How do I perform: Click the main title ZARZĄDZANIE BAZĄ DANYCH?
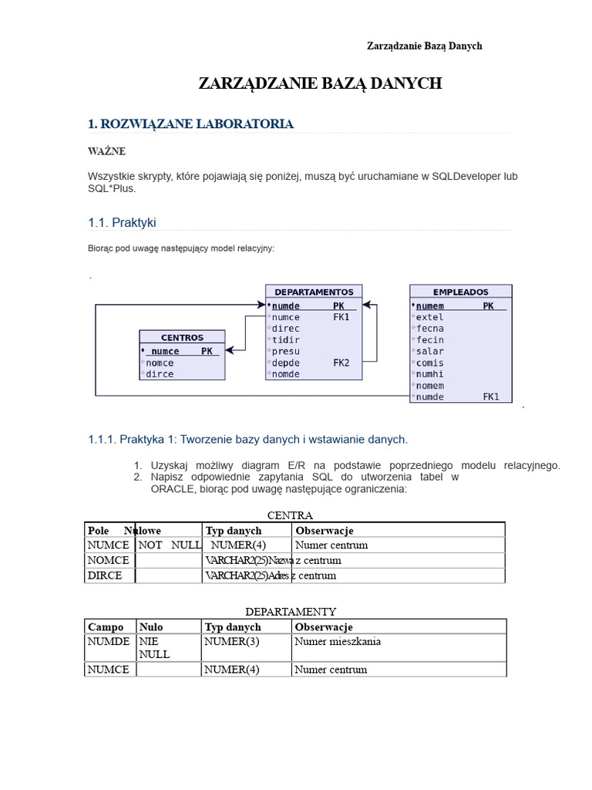click(x=320, y=83)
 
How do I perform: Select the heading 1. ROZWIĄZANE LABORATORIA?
click(x=190, y=123)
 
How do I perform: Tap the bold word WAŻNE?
click(x=106, y=151)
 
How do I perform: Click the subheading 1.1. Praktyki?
click(x=123, y=222)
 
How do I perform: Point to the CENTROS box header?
click(x=183, y=337)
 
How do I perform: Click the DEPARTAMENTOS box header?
click(x=314, y=292)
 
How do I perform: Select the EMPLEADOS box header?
click(x=460, y=292)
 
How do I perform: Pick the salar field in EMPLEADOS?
click(x=429, y=351)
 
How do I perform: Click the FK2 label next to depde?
click(x=341, y=363)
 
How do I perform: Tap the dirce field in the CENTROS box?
click(x=160, y=374)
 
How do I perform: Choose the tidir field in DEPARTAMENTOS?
click(x=286, y=339)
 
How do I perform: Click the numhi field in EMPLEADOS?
click(x=429, y=374)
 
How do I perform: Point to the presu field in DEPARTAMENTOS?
click(x=286, y=351)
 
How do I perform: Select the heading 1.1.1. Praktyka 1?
click(x=247, y=439)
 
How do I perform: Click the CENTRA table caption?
click(x=290, y=515)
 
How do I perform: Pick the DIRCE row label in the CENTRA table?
click(x=105, y=576)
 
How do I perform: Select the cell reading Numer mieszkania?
click(x=338, y=641)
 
